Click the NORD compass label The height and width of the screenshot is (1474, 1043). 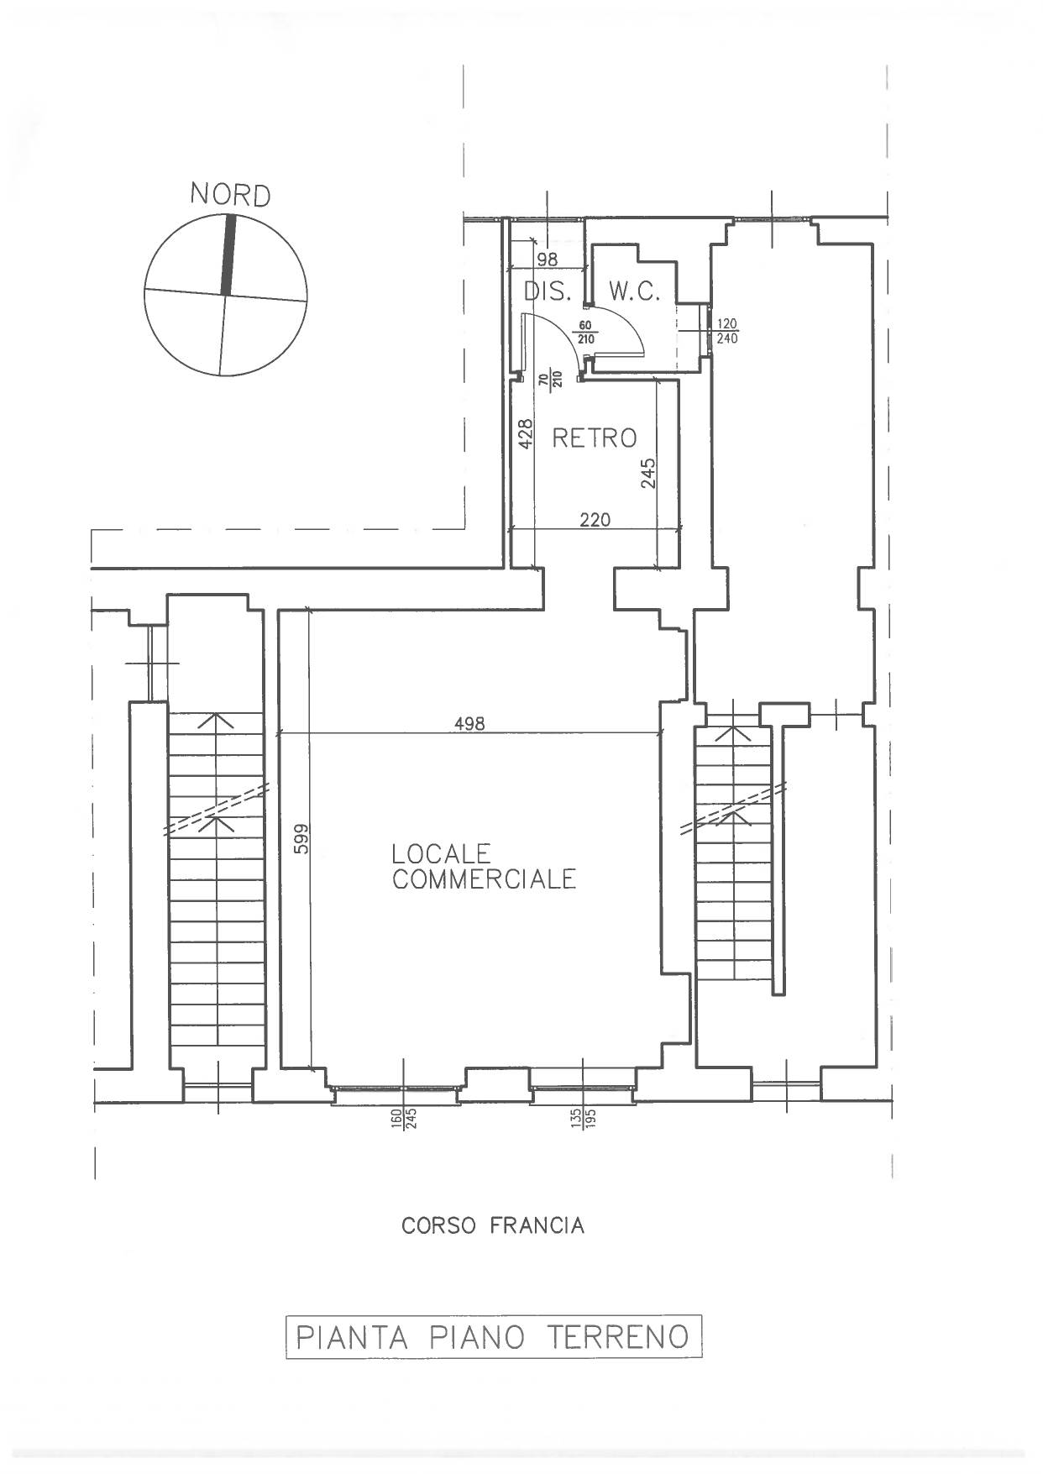[230, 196]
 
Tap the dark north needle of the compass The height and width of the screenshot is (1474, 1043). [227, 255]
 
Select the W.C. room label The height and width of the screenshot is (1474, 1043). [635, 292]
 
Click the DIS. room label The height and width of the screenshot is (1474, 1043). [548, 292]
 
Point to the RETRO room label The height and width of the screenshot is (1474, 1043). [594, 438]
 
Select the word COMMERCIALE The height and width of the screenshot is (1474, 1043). [484, 879]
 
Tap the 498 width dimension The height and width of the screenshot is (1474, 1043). [469, 723]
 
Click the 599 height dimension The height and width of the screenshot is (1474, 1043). [301, 839]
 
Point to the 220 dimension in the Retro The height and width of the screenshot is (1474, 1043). [595, 520]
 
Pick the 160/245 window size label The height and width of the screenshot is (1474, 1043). [404, 1119]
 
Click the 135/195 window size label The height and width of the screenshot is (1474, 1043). [584, 1119]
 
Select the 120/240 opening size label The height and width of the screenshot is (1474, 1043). [726, 332]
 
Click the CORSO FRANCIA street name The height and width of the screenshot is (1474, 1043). [493, 1226]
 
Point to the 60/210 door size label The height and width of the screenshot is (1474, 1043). [585, 333]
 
